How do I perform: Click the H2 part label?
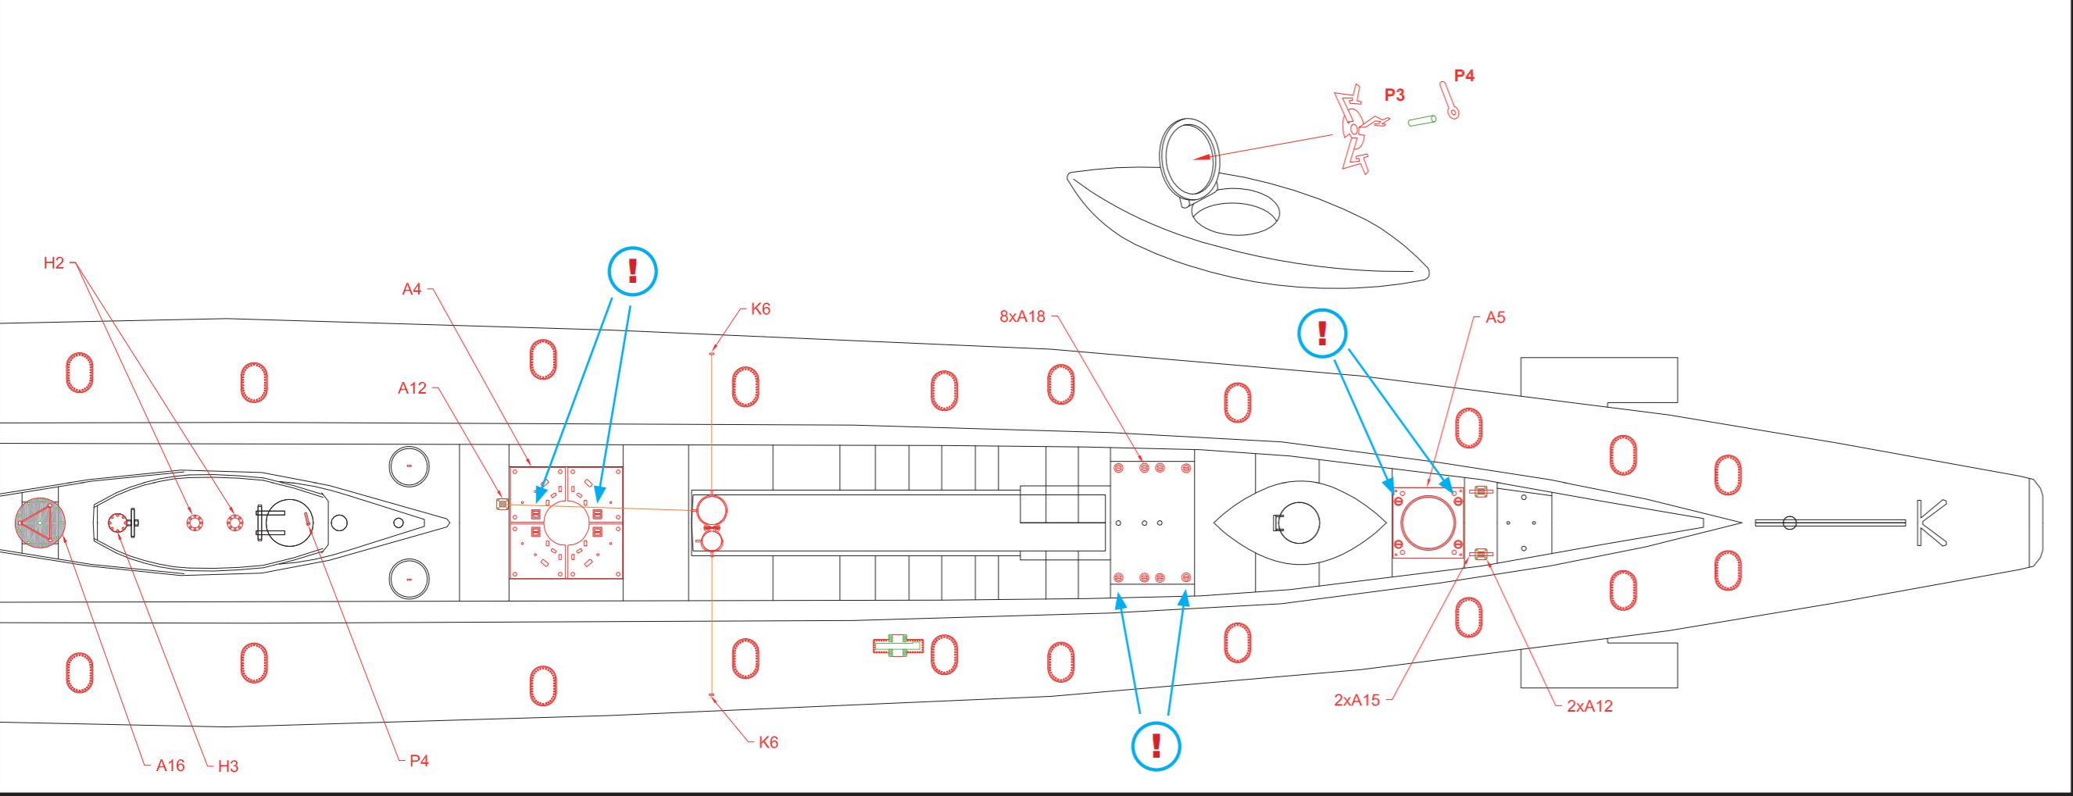pyautogui.click(x=54, y=263)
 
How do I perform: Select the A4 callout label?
pyautogui.click(x=411, y=289)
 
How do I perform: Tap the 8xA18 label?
pyautogui.click(x=1022, y=316)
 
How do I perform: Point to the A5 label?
pyautogui.click(x=1495, y=317)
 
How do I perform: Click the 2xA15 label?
pyautogui.click(x=1356, y=699)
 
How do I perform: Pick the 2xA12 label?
pyautogui.click(x=1589, y=706)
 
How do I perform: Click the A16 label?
pyautogui.click(x=170, y=766)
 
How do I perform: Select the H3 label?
pyautogui.click(x=227, y=766)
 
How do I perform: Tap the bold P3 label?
pyautogui.click(x=1395, y=95)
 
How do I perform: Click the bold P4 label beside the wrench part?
pyautogui.click(x=1464, y=76)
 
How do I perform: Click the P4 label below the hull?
pyautogui.click(x=419, y=761)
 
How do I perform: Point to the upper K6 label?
pyautogui.click(x=760, y=309)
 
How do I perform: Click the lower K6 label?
pyautogui.click(x=768, y=742)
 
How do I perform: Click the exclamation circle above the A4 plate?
pyautogui.click(x=632, y=270)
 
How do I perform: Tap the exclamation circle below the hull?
pyautogui.click(x=1156, y=746)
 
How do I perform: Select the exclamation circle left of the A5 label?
pyautogui.click(x=1322, y=334)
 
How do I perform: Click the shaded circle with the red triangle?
pyautogui.click(x=39, y=523)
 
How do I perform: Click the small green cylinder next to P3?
pyautogui.click(x=1421, y=121)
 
